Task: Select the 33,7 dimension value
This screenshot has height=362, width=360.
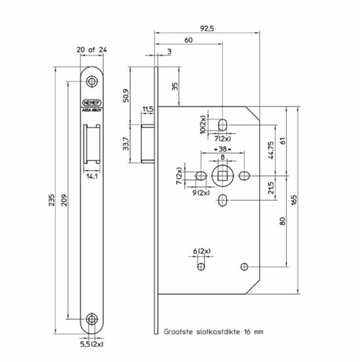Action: pyautogui.click(x=127, y=142)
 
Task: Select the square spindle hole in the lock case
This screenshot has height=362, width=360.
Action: pyautogui.click(x=222, y=175)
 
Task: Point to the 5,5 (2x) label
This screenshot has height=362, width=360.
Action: pyautogui.click(x=92, y=343)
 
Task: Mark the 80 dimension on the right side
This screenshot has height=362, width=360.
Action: pyautogui.click(x=282, y=220)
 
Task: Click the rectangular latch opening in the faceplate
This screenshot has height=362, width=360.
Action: pyautogui.click(x=91, y=144)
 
